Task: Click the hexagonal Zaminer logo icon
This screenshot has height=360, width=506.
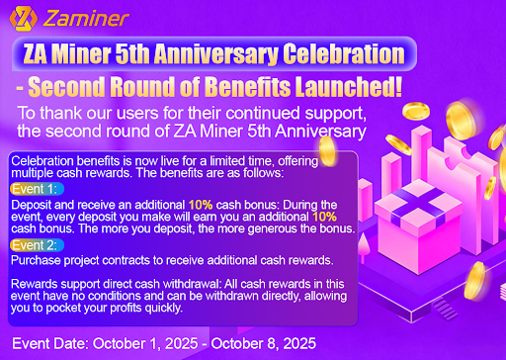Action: click(x=23, y=19)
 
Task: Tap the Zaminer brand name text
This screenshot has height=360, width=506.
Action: click(x=86, y=19)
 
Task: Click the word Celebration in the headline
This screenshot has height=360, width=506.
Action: click(x=344, y=53)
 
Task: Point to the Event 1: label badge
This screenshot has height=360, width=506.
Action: click(x=37, y=189)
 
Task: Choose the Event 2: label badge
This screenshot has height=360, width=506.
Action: click(x=37, y=245)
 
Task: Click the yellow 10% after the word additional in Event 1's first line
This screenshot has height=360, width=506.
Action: click(x=201, y=205)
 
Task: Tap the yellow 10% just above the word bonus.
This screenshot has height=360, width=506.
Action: click(x=324, y=217)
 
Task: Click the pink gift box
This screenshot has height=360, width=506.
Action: click(x=418, y=227)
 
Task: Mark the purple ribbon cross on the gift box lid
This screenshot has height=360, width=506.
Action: click(x=419, y=204)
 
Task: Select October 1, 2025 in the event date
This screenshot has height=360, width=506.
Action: click(x=145, y=343)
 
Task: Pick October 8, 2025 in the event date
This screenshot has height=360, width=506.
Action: click(x=264, y=343)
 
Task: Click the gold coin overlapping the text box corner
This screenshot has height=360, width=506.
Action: click(x=327, y=151)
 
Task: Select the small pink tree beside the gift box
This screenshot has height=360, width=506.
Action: click(x=364, y=245)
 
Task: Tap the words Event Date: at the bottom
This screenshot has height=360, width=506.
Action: click(x=50, y=343)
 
